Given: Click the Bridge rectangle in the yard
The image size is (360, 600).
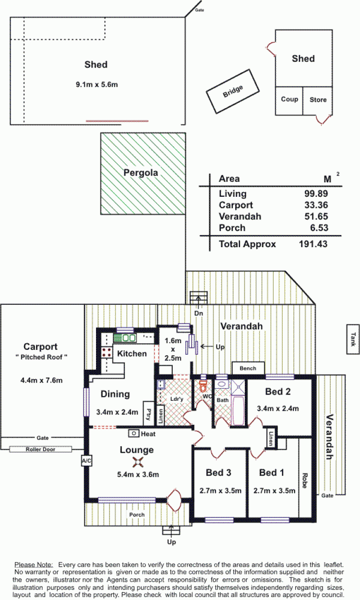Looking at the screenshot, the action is point(232,91).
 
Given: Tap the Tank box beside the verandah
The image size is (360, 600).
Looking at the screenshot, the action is point(353,339).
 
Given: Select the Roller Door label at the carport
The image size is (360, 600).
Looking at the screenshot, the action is point(40,449).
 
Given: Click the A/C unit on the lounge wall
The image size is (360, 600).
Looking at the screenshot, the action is point(86,461).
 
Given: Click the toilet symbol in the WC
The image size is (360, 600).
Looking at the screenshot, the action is point(203,385).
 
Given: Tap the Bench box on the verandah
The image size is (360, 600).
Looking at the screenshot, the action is point(248,368).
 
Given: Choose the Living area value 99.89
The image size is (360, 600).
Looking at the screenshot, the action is point(316,193).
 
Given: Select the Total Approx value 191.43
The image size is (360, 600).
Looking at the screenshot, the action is point(313,244).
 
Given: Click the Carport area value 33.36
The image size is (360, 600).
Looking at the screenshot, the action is point(316,205).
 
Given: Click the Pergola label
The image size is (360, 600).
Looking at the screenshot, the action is point(141,173).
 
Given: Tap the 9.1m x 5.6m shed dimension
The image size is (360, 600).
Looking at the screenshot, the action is point(96,84).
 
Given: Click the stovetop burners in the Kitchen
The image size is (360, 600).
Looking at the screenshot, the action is point(107,352).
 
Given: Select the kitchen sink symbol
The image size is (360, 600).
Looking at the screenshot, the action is point(125,338).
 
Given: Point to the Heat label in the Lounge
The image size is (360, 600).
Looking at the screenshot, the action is point(148,434).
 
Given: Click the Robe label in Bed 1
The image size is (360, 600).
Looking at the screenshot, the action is point(305,480).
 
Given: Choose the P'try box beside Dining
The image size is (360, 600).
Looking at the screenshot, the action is point(148,413).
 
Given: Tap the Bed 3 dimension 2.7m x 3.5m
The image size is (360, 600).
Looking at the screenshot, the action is point(220,491).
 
